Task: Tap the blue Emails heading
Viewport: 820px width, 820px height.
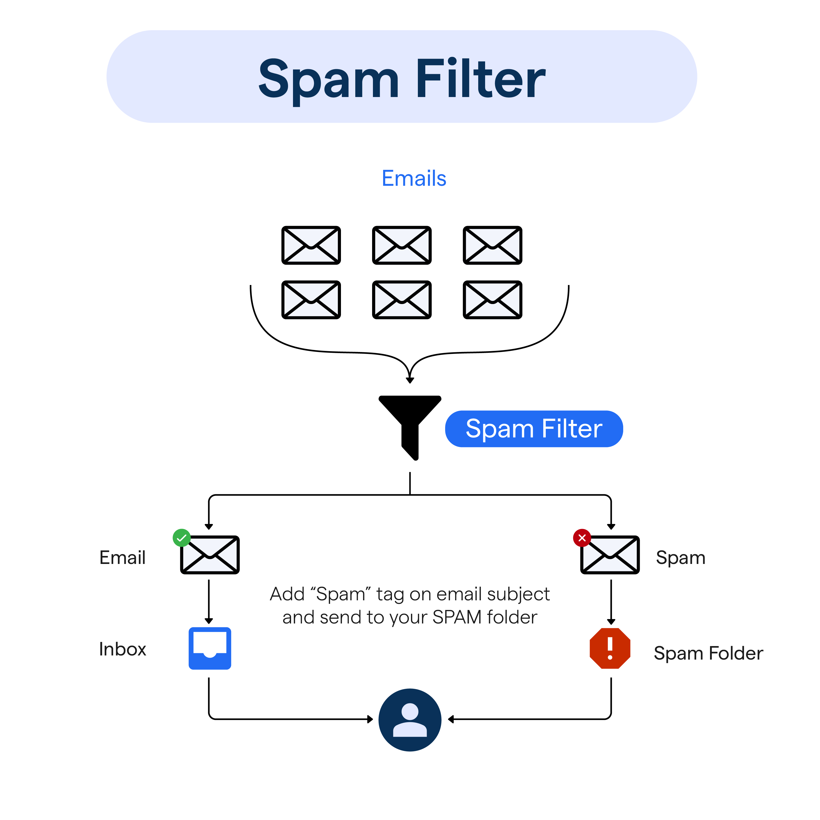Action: tap(414, 178)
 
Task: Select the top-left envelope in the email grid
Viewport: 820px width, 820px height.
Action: tap(311, 245)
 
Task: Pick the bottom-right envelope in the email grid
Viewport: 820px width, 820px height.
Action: tap(492, 300)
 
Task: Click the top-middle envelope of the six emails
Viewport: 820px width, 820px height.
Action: tap(402, 245)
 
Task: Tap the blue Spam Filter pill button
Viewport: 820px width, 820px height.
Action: tap(534, 429)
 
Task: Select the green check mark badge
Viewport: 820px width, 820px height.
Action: tap(182, 538)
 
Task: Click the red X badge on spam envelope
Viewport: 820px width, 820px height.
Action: tap(582, 538)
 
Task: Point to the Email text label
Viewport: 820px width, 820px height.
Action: tap(122, 558)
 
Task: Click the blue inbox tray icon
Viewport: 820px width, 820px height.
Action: tap(210, 648)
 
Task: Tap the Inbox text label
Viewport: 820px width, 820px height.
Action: tap(122, 649)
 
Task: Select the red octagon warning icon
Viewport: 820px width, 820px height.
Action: tap(610, 648)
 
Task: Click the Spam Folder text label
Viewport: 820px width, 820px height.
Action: tap(708, 653)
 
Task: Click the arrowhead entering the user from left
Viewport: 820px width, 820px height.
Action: tap(370, 719)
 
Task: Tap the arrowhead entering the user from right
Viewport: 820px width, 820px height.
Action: tap(451, 719)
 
